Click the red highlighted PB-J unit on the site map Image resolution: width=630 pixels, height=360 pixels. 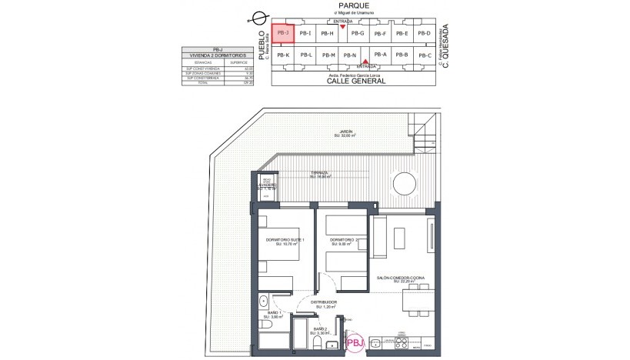point(282,34)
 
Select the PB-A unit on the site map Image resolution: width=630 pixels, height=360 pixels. point(379,55)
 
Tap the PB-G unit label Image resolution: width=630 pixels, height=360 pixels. point(357,33)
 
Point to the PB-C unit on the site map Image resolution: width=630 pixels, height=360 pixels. point(424,55)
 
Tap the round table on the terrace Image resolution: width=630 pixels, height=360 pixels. point(405,182)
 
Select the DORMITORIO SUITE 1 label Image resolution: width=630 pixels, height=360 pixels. point(285,242)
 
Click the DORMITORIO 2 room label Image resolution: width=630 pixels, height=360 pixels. point(343,242)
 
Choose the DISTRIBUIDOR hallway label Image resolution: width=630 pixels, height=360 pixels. point(325,303)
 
